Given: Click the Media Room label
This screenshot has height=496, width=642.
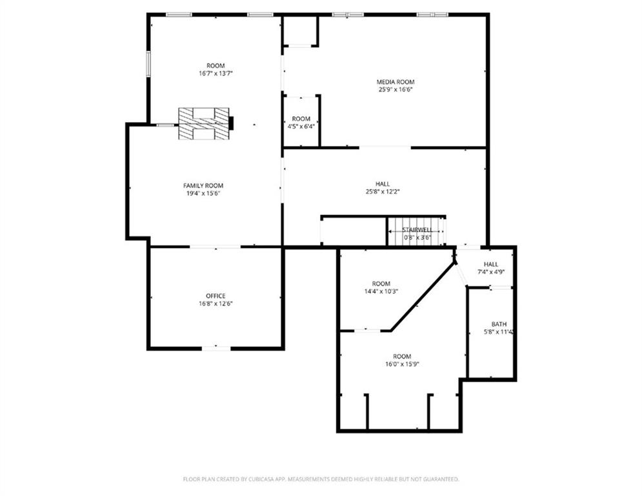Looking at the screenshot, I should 396,82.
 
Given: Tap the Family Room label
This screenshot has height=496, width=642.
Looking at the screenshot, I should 203,185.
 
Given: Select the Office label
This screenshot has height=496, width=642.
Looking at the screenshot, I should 216,296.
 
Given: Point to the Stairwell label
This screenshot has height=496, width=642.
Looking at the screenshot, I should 417,229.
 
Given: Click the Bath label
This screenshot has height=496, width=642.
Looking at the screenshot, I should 499,324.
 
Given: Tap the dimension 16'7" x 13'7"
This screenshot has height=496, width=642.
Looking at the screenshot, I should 216,74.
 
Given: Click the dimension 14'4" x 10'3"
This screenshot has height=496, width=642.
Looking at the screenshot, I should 381,291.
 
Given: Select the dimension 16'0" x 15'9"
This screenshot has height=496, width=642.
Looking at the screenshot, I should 402,364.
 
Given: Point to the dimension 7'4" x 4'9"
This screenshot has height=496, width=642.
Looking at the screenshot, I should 491,272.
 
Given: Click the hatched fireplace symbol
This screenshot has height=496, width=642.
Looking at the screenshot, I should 204,123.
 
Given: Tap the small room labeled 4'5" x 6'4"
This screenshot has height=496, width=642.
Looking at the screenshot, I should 301,122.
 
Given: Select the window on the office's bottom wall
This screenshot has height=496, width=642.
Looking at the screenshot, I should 216,349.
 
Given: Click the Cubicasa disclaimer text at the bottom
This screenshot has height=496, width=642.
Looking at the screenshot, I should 321,479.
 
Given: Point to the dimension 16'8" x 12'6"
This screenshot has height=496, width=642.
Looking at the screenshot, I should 216,304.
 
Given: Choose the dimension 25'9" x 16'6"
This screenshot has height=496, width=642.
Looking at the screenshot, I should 396,90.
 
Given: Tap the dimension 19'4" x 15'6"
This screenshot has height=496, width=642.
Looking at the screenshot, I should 203,193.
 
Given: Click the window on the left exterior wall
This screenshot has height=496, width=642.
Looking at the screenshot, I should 148,65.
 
